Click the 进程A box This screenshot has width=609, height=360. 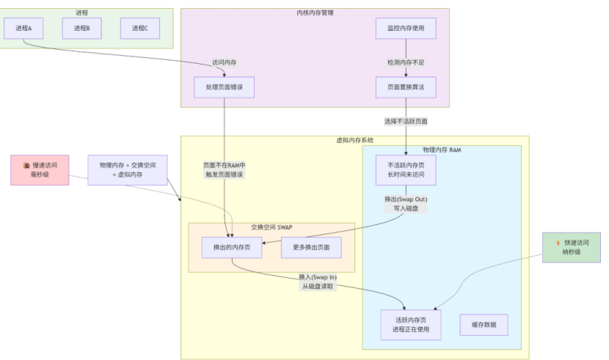(23, 28)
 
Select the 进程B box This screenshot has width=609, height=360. (81, 28)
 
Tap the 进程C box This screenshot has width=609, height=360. (140, 28)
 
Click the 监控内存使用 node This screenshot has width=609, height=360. (406, 28)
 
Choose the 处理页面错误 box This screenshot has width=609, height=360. (224, 87)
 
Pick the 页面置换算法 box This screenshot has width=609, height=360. (406, 87)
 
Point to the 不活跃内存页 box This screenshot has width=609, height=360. (406, 169)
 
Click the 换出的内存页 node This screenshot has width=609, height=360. (232, 247)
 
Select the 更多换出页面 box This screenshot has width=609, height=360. (311, 247)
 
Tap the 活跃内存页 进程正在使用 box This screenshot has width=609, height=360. (411, 325)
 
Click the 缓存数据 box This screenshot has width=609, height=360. (484, 325)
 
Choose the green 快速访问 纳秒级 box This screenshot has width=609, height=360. (572, 247)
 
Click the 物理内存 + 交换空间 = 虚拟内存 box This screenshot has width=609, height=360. (128, 170)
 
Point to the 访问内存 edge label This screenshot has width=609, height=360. (224, 62)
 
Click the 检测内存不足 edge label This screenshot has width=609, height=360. (406, 62)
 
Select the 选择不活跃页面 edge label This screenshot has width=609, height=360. (406, 121)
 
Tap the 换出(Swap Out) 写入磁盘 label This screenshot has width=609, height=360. (406, 204)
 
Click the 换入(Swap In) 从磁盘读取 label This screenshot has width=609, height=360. (318, 282)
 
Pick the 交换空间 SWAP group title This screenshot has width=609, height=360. (271, 227)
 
